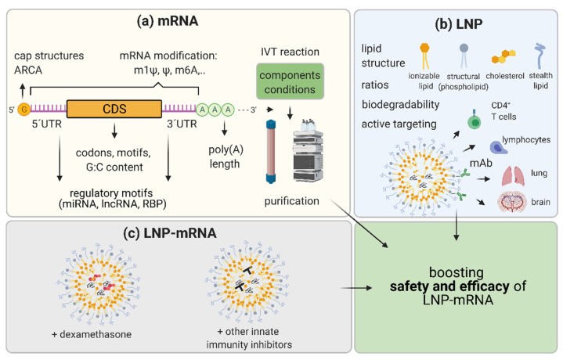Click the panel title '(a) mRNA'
[x=150, y=17]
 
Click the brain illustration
[x=518, y=205]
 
